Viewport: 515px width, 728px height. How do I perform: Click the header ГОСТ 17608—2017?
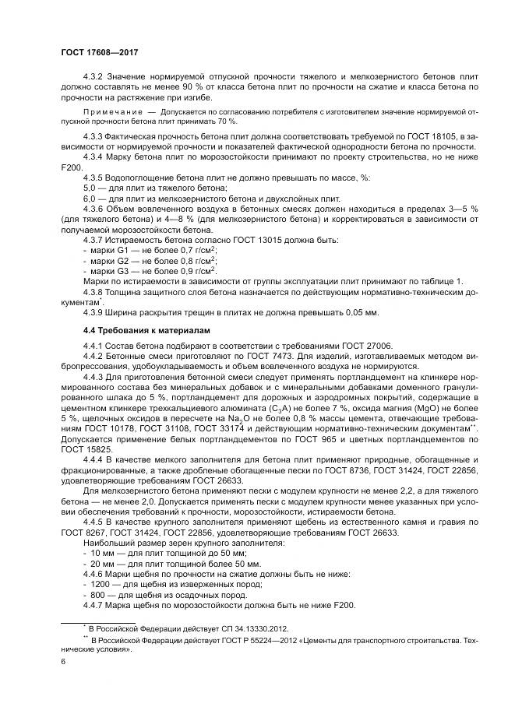pyautogui.click(x=93, y=51)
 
